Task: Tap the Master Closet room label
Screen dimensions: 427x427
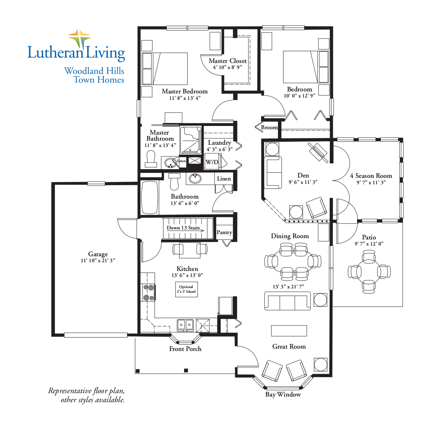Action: pyautogui.click(x=227, y=61)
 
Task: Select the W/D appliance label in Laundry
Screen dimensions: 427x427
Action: pyautogui.click(x=212, y=162)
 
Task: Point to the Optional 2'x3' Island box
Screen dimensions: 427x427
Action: pyautogui.click(x=187, y=289)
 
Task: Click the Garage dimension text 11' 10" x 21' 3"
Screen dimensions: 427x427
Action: pyautogui.click(x=98, y=261)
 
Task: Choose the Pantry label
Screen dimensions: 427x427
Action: pyautogui.click(x=224, y=232)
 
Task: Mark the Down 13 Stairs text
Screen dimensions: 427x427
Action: pyautogui.click(x=183, y=228)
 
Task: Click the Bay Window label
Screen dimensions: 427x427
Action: pyautogui.click(x=283, y=395)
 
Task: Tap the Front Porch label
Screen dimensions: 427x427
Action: pyautogui.click(x=185, y=349)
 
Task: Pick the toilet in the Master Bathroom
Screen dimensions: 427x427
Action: pyautogui.click(x=151, y=159)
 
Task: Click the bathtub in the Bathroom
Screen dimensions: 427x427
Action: pyautogui.click(x=149, y=197)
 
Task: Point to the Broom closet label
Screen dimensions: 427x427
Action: pyautogui.click(x=269, y=128)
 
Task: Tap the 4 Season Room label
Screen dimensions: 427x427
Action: pyautogui.click(x=371, y=176)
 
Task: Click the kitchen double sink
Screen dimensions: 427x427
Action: pyautogui.click(x=185, y=325)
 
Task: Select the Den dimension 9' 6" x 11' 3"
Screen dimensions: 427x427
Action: pyautogui.click(x=303, y=182)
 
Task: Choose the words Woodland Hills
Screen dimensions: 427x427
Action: pyautogui.click(x=94, y=71)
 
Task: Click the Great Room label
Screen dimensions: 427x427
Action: pyautogui.click(x=289, y=347)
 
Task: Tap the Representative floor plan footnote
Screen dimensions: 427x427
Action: pyautogui.click(x=86, y=395)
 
